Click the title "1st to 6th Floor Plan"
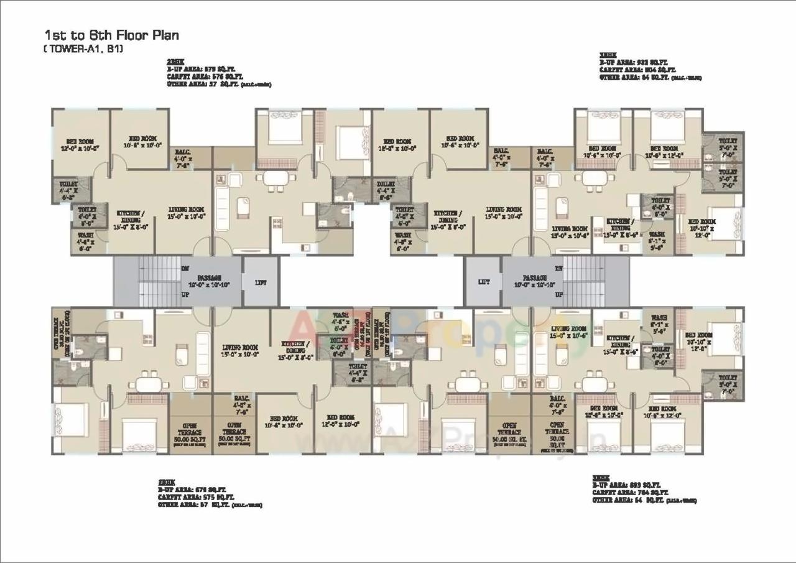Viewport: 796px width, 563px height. [111, 35]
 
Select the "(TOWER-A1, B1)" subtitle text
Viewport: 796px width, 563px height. [83, 49]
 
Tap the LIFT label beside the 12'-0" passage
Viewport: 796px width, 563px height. [261, 282]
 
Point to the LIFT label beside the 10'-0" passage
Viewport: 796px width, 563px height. [484, 282]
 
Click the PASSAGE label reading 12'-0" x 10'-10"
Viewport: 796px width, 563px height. [210, 281]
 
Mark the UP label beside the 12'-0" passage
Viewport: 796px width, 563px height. [185, 294]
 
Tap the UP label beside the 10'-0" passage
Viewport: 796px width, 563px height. [558, 294]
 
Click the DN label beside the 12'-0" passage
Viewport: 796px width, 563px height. [185, 269]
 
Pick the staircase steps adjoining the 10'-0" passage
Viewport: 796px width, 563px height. [585, 281]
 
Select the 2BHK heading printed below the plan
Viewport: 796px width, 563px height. [166, 483]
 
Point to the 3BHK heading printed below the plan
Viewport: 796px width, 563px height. [601, 478]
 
